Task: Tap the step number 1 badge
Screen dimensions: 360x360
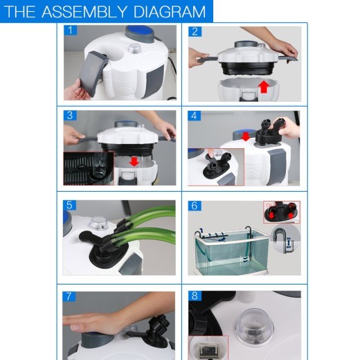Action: pos(69,31)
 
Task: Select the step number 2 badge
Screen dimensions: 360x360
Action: pos(195,31)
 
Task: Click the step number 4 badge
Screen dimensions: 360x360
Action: pos(195,115)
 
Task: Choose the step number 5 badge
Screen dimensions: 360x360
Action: pos(69,206)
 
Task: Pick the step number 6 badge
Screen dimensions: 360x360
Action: pos(195,206)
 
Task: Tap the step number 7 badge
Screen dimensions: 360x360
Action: pos(69,296)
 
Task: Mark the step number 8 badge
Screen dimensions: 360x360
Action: pos(195,296)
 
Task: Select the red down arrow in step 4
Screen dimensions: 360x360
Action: pos(245,136)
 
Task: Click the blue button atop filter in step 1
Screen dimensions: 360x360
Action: pos(136,32)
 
